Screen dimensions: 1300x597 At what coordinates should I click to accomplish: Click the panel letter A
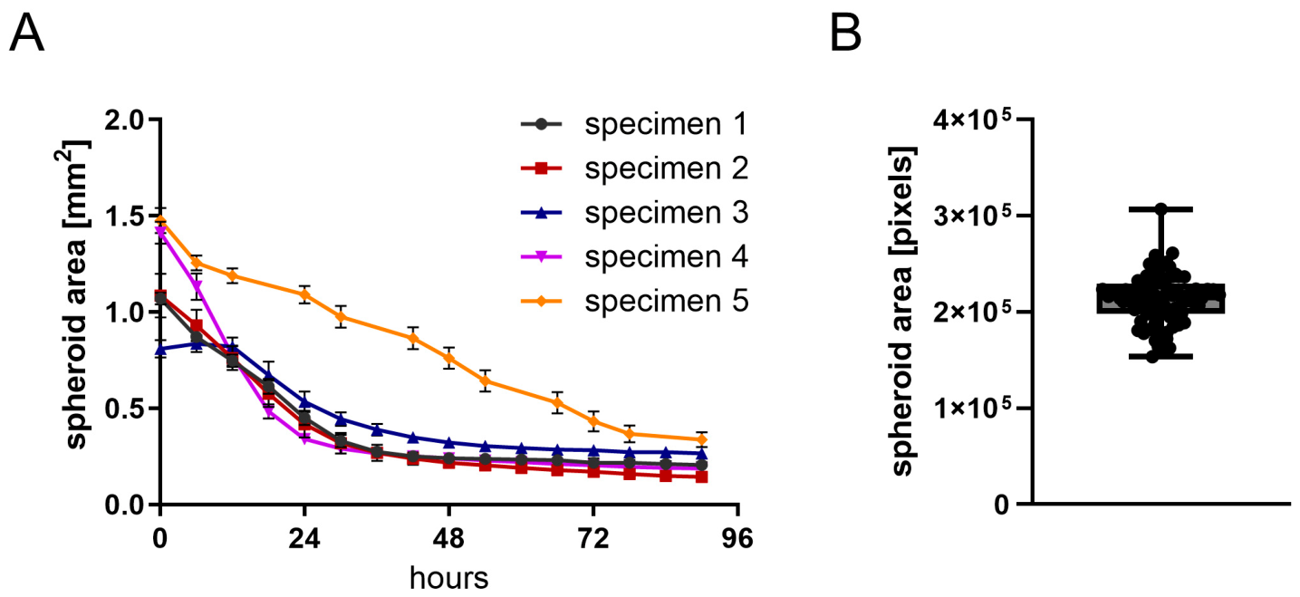26,34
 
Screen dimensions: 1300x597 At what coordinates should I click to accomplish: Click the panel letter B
845,34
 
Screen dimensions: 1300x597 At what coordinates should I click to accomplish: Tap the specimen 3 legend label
666,212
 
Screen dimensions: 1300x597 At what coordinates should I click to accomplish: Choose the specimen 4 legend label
666,256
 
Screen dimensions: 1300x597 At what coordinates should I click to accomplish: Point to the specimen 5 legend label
666,301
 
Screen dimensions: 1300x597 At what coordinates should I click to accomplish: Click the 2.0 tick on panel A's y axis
124,120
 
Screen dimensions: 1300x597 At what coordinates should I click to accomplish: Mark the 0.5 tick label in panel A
124,409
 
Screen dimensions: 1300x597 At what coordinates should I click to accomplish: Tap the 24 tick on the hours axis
304,539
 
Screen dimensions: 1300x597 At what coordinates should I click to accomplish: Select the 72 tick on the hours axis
593,539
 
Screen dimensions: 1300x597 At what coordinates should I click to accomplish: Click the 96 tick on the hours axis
737,539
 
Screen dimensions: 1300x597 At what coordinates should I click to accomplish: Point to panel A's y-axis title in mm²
75,294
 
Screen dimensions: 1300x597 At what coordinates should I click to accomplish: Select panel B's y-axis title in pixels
901,312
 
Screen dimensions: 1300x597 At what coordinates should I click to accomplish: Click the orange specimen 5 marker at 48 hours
448,358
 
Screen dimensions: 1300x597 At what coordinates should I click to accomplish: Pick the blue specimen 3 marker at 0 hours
160,349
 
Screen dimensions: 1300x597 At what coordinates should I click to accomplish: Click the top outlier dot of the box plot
1160,209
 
